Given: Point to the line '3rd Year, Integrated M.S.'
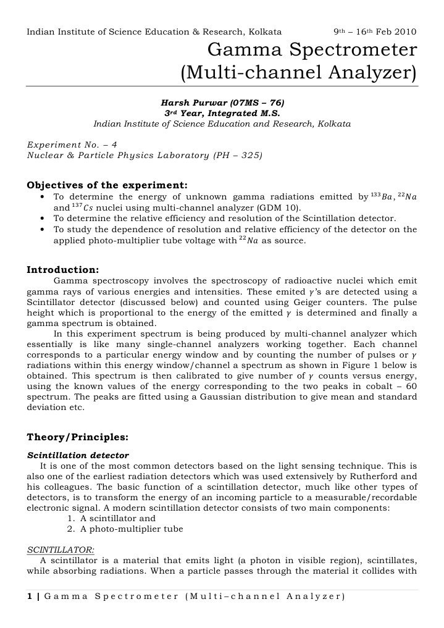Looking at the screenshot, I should pyautogui.click(x=222, y=113).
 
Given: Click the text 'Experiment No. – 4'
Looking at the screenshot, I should pyautogui.click(x=72, y=144).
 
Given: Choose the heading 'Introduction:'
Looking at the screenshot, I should pyautogui.click(x=62, y=269).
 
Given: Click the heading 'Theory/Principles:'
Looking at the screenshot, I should pyautogui.click(x=77, y=437).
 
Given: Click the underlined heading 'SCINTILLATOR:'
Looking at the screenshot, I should pyautogui.click(x=61, y=548).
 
